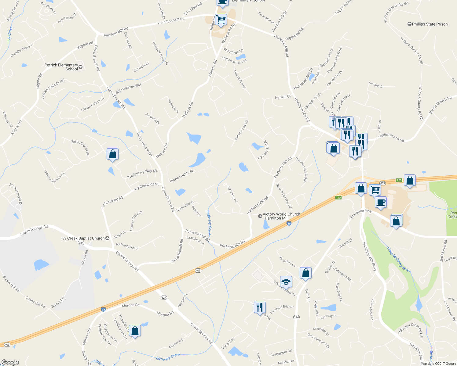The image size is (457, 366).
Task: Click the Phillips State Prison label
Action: tap(430, 24)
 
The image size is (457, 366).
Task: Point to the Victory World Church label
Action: tap(281, 216)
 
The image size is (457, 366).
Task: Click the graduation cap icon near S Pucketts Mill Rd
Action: tap(286, 282)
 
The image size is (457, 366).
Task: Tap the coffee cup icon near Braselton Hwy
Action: tap(381, 202)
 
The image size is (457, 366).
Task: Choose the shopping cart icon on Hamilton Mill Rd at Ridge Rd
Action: tap(221, 20)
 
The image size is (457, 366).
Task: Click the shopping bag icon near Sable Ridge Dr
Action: tap(112, 154)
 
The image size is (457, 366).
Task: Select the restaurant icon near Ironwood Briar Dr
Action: tap(259, 307)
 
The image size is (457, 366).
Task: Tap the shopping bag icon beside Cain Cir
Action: tap(305, 273)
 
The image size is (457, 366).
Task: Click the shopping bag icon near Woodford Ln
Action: tap(135, 331)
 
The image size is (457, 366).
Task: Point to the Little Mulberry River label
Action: tap(399, 260)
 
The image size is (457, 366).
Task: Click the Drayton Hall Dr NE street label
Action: tap(182, 176)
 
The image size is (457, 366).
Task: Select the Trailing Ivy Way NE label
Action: tap(142, 174)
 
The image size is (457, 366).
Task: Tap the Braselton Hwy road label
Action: tap(361, 213)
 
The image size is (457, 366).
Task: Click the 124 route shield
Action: tap(296, 317)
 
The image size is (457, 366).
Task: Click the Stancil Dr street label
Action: tap(345, 243)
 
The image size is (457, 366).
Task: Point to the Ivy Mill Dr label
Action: tap(283, 97)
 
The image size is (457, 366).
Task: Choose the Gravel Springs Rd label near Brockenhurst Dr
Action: tap(34, 231)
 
